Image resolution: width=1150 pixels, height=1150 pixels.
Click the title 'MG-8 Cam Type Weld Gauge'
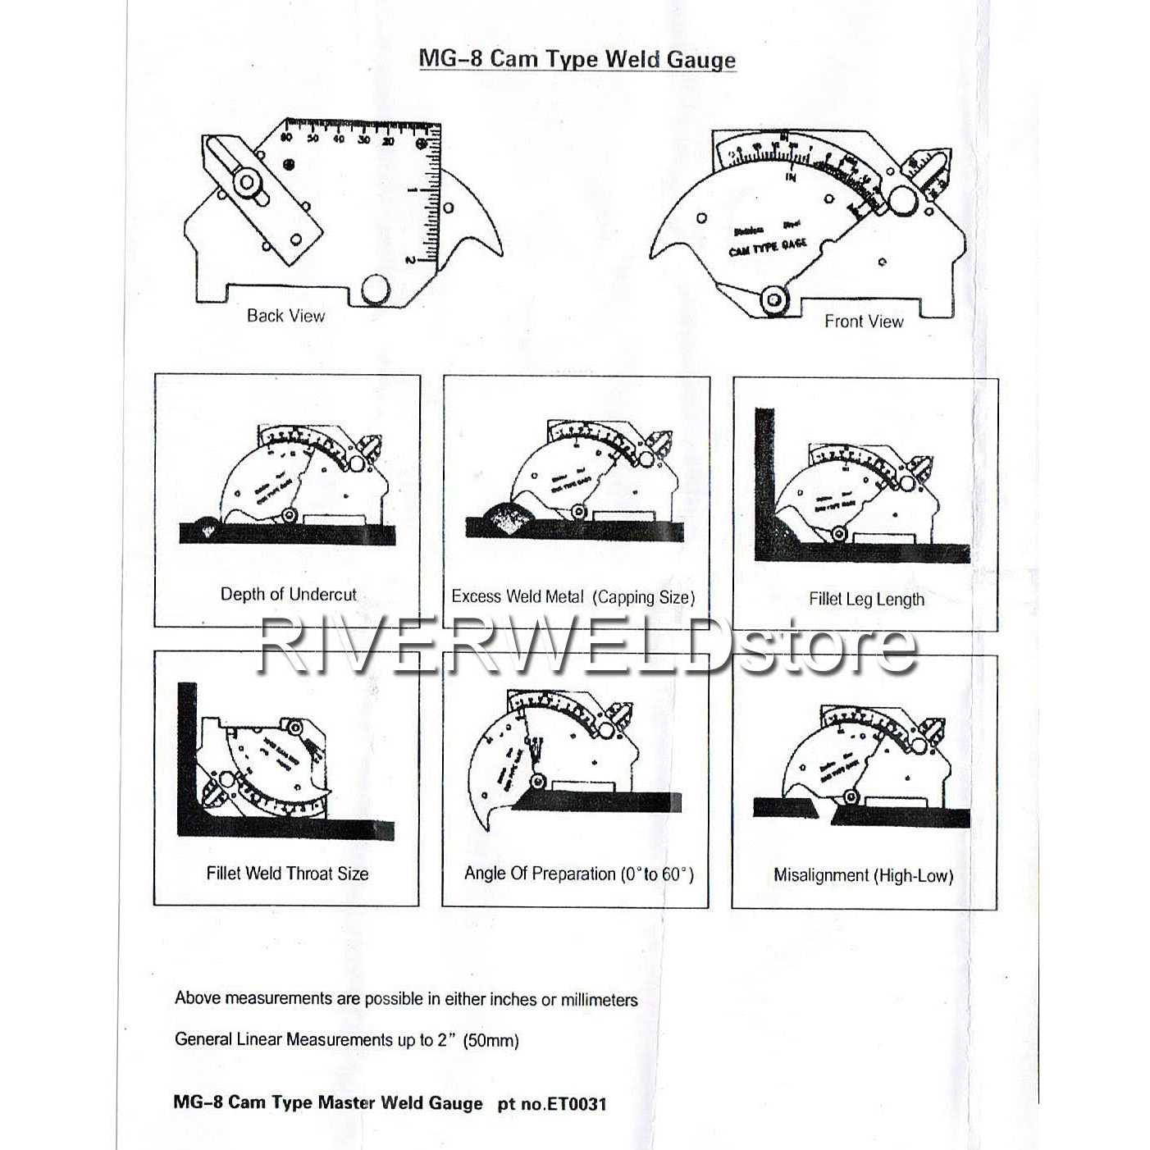577,59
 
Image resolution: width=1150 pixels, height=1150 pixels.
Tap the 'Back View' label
285,316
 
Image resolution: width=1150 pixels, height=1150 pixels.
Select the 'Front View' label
864,322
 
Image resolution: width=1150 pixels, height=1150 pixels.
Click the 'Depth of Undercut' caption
288,595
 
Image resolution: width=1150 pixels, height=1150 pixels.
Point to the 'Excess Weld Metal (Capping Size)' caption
573,597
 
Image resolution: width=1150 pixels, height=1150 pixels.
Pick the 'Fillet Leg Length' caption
866,600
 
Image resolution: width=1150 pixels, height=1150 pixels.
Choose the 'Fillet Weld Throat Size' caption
287,874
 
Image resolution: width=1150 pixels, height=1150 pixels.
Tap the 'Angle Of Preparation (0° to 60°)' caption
578,874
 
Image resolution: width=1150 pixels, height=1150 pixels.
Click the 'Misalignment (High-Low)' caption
863,876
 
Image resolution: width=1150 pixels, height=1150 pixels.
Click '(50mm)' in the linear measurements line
491,1041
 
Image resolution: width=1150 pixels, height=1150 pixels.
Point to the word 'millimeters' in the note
598,1000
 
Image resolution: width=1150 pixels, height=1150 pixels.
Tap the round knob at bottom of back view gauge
376,290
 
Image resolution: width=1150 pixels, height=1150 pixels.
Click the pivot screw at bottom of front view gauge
773,300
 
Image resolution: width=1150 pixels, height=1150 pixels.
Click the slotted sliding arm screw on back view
244,182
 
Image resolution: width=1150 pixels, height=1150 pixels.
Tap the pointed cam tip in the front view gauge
656,249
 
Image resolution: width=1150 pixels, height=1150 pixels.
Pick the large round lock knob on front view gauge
902,200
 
